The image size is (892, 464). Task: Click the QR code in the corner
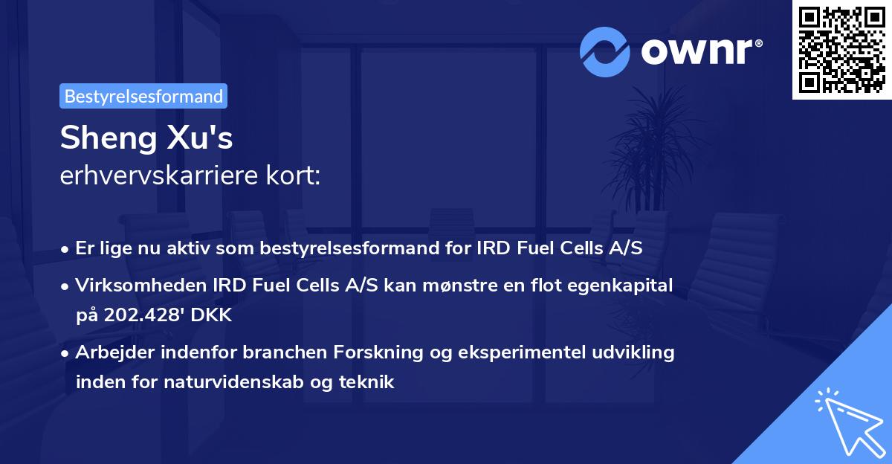[x=841, y=50]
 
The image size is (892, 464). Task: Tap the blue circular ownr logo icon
[x=605, y=52]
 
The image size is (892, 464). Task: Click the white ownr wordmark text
[x=697, y=51]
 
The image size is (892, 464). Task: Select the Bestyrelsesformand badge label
[x=143, y=96]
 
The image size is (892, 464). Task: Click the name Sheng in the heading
[x=109, y=138]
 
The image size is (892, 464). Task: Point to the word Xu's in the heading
[x=199, y=137]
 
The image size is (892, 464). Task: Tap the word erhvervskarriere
[x=159, y=175]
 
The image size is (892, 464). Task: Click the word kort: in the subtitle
[x=293, y=175]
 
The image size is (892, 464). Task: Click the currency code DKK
[x=211, y=315]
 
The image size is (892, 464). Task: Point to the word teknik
[x=366, y=382]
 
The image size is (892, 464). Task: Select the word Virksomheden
[x=140, y=286]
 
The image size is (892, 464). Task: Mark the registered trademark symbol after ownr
[x=759, y=43]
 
